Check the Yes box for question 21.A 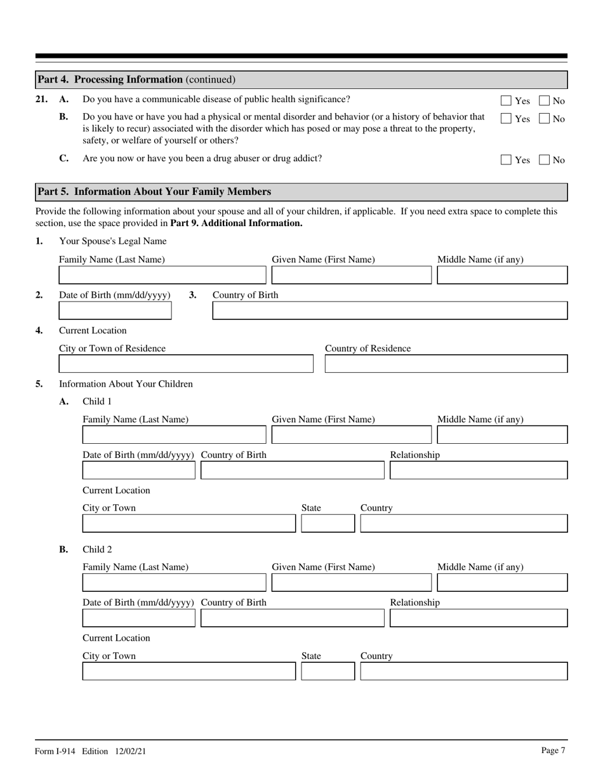coord(506,100)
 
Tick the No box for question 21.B coord(545,119)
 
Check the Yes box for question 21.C coord(506,160)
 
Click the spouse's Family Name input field coord(162,275)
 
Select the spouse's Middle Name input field coord(502,275)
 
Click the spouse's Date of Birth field coord(115,310)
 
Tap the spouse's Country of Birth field coord(390,310)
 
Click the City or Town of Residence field coord(186,364)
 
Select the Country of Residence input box coord(446,364)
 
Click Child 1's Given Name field coord(352,435)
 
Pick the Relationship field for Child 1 coord(479,471)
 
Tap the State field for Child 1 coord(328,524)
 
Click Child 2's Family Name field coord(175,583)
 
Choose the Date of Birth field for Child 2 coord(139,618)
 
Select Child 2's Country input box coord(464,671)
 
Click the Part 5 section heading coord(154,192)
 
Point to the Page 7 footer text coord(553,751)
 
